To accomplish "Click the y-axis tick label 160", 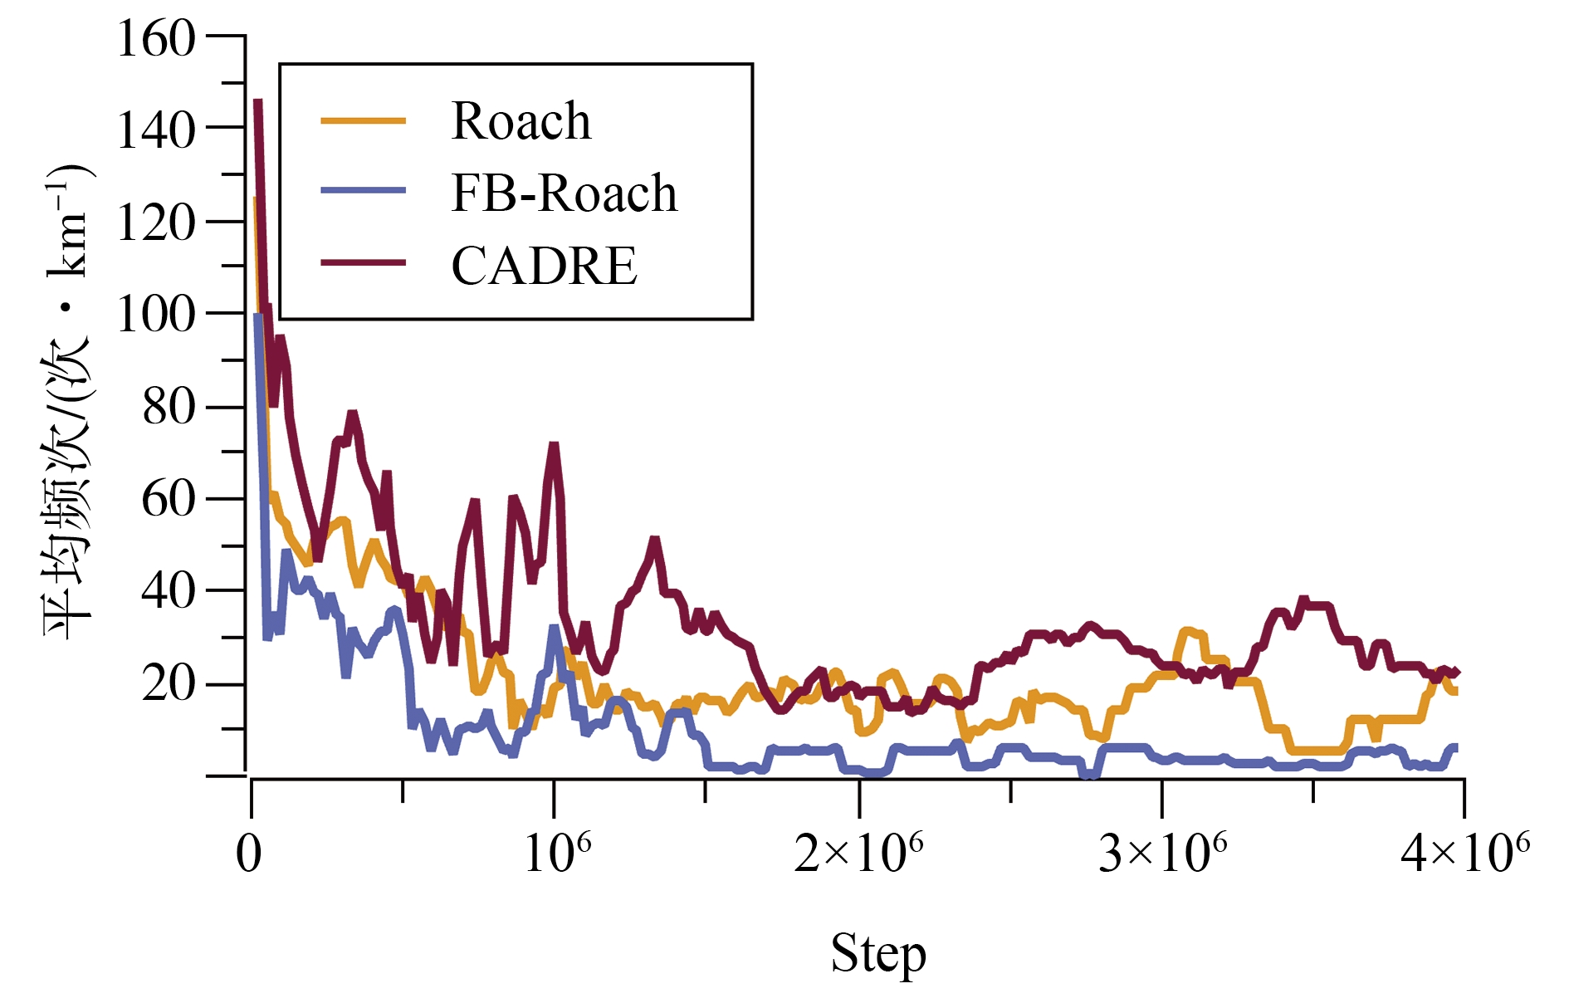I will tap(156, 39).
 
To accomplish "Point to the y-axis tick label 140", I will tap(156, 130).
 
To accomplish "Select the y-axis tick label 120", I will tap(156, 223).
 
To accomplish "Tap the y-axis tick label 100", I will tap(156, 315).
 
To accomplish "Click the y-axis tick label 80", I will tap(169, 407).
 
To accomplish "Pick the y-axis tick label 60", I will tap(169, 499).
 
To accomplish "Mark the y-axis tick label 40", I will tap(169, 591).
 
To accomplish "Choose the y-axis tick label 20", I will tap(169, 684).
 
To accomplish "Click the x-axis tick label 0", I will tap(249, 854).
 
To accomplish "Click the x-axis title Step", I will tap(878, 954).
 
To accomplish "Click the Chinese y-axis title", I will tap(68, 403).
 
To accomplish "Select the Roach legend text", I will tap(521, 121).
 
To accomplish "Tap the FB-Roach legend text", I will tap(564, 193).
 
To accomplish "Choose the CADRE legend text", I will tap(544, 266).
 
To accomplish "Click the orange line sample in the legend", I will tap(364, 121).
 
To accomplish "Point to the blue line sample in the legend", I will tap(364, 191).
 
